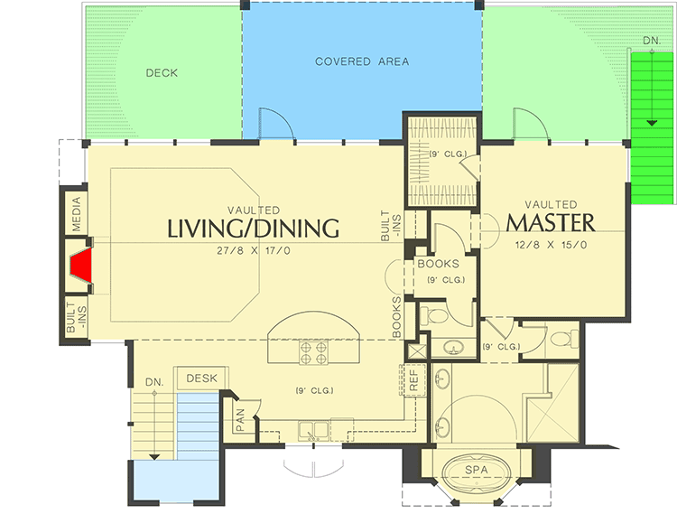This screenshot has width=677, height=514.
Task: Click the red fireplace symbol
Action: [x=82, y=266]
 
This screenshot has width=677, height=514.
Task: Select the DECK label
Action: [x=162, y=72]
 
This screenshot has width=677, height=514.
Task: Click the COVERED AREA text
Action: [x=362, y=61]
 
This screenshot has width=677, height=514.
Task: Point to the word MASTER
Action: [x=551, y=222]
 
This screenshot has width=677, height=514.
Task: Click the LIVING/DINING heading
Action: [x=254, y=228]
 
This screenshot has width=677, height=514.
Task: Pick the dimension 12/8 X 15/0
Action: [x=551, y=245]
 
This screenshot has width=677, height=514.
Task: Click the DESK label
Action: [x=202, y=378]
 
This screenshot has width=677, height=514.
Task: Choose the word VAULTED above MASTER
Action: [x=551, y=204]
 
